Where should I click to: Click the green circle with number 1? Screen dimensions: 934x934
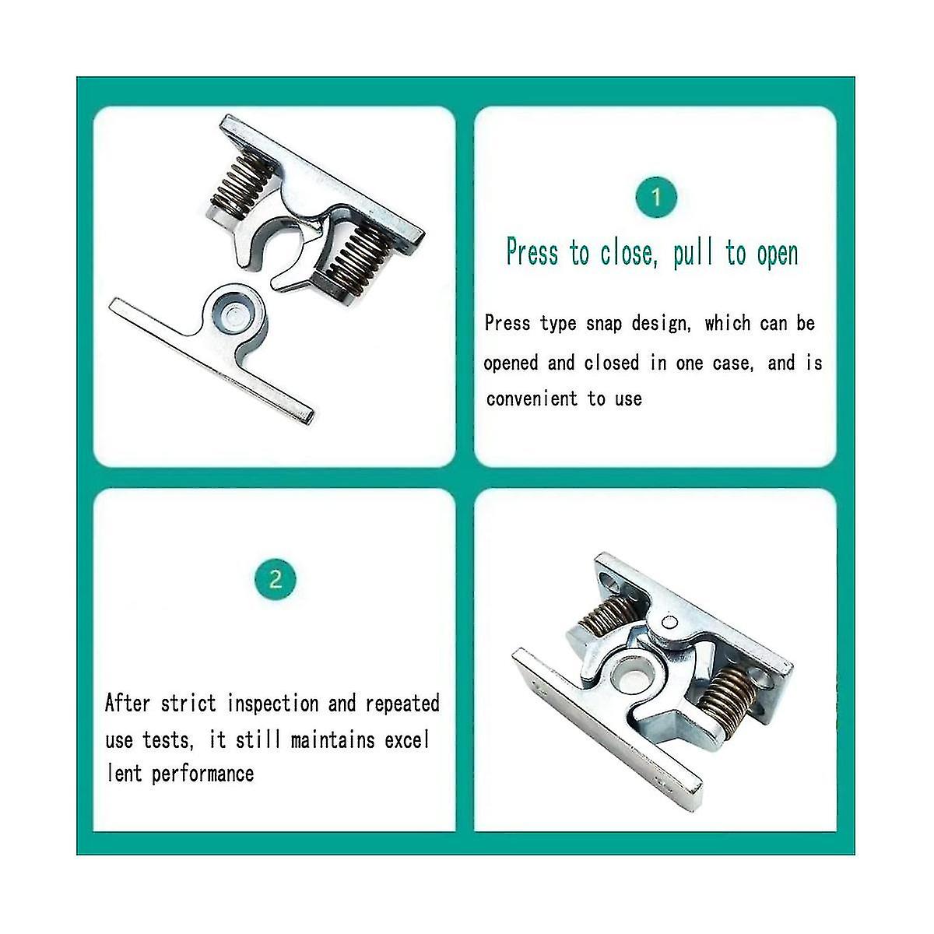point(655,198)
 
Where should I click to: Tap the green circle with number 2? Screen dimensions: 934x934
point(275,580)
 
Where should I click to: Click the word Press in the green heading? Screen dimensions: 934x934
point(532,253)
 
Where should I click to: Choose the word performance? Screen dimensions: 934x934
point(202,774)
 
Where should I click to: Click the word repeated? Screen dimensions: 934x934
point(402,704)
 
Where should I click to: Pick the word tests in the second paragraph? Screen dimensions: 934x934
point(166,739)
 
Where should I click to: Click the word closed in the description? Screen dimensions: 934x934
point(612,363)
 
